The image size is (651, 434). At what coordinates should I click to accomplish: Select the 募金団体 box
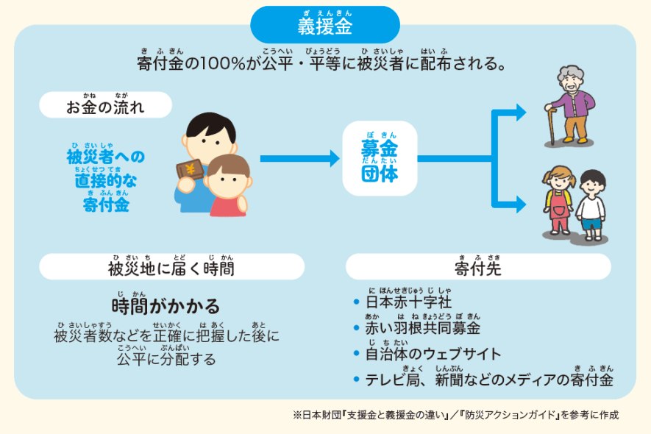[x=379, y=158]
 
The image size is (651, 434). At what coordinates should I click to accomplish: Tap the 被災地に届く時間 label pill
[x=171, y=268]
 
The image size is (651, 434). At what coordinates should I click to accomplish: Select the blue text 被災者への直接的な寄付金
[x=105, y=180]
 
